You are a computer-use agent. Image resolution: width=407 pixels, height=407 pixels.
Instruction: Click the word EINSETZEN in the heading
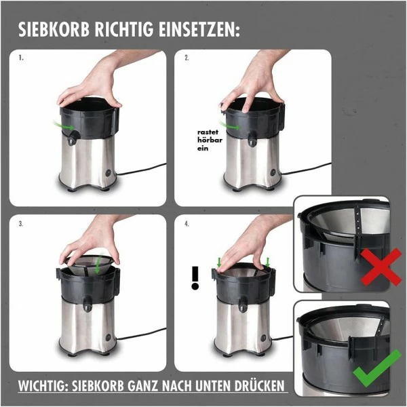point(201,31)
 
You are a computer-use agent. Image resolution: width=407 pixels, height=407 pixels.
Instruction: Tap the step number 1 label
point(22,58)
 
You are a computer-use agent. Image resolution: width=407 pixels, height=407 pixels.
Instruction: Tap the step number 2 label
point(187,58)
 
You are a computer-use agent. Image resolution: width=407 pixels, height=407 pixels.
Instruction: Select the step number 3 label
point(22,222)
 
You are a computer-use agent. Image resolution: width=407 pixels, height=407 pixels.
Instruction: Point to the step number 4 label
point(187,222)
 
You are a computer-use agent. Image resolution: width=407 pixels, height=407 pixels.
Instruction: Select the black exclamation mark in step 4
point(195,277)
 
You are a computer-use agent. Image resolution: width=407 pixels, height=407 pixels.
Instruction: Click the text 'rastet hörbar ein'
point(207,140)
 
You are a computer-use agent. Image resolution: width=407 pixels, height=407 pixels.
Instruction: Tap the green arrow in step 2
point(233,126)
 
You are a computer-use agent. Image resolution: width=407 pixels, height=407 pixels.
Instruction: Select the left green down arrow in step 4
point(219,261)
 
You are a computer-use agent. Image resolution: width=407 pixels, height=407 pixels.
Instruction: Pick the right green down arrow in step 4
point(268,261)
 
